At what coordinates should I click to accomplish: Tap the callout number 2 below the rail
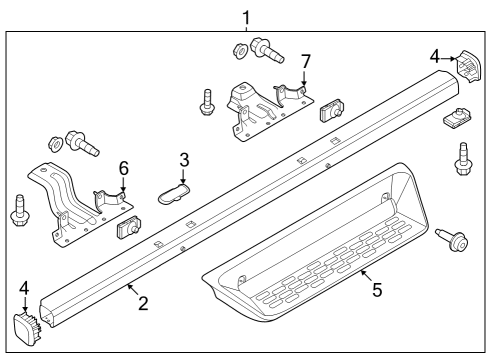point(143,302)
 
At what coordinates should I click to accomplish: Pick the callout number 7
point(306,63)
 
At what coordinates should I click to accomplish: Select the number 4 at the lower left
point(24,289)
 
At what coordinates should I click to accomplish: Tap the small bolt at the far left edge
point(18,211)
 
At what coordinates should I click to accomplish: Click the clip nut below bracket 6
point(127,230)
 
